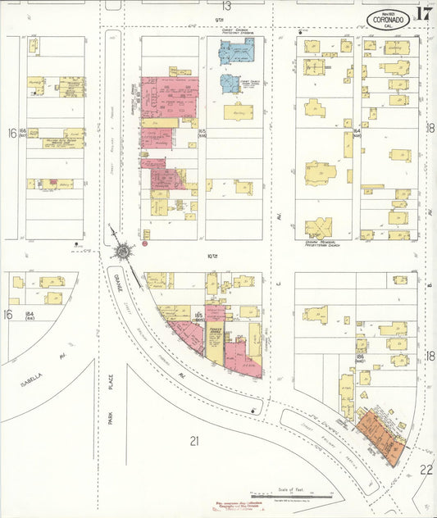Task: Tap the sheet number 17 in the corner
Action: click(x=424, y=13)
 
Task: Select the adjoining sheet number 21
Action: click(x=194, y=441)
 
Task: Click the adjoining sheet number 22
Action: click(x=426, y=469)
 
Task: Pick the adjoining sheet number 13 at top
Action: click(x=225, y=7)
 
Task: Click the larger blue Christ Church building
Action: click(x=235, y=51)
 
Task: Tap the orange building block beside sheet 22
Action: click(x=380, y=434)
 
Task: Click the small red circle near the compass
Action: click(x=145, y=243)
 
